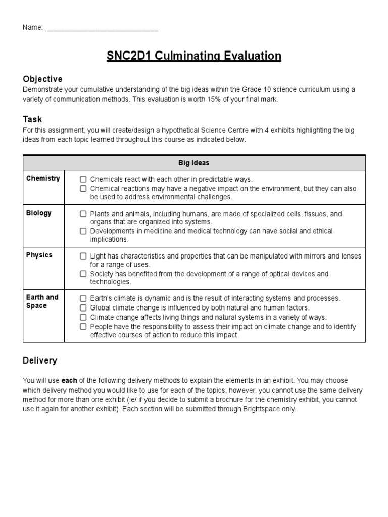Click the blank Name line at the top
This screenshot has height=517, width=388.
(x=101, y=28)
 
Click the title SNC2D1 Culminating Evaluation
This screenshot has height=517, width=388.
(x=193, y=56)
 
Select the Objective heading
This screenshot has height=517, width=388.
(x=42, y=79)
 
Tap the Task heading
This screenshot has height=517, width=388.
(x=32, y=119)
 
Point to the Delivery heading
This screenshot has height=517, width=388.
(x=40, y=360)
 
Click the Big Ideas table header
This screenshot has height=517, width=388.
(x=193, y=163)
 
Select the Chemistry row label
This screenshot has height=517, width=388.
(x=43, y=178)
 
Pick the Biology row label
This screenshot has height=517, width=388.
(x=39, y=213)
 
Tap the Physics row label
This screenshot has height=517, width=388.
(x=39, y=255)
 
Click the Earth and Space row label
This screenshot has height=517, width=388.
(x=42, y=301)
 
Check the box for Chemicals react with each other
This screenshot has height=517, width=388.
(x=83, y=179)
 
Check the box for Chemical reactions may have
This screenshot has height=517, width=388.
(x=83, y=188)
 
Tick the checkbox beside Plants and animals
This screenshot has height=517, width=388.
(x=83, y=214)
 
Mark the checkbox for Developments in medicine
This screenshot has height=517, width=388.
(x=83, y=231)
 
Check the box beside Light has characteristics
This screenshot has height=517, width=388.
(x=83, y=256)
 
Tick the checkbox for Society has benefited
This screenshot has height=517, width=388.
(x=83, y=274)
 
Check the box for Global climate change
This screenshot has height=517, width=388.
(x=83, y=307)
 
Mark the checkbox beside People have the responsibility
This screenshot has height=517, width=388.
(x=83, y=326)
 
